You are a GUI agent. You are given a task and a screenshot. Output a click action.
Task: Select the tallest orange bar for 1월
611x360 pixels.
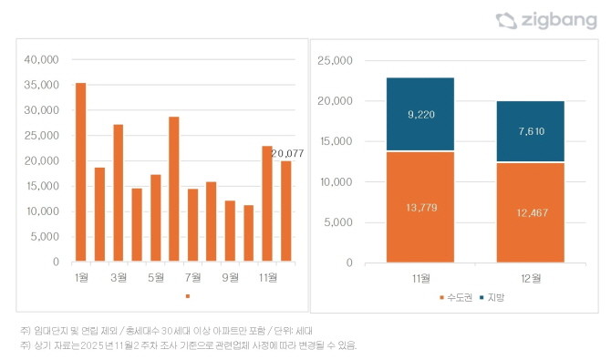80,172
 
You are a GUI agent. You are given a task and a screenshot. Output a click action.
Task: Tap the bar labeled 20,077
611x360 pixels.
285,211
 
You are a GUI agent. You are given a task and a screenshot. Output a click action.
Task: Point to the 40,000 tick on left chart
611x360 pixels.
41,60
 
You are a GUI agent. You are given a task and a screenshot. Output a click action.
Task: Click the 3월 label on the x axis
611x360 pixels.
118,276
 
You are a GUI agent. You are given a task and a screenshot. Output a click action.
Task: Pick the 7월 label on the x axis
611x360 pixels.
192,276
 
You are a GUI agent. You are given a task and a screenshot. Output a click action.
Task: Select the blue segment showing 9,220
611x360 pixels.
419,115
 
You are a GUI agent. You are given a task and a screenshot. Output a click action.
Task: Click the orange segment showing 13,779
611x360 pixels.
419,207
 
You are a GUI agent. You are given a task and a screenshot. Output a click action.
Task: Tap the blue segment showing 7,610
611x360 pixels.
530,131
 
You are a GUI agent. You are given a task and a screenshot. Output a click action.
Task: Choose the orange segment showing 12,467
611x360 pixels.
530,212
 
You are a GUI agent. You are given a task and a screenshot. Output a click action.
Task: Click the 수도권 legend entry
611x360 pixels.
454,298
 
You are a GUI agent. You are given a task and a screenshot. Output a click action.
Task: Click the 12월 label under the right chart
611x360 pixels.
530,277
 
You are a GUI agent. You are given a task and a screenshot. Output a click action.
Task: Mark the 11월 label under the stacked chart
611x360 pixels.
419,277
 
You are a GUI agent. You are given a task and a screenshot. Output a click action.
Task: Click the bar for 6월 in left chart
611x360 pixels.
173,189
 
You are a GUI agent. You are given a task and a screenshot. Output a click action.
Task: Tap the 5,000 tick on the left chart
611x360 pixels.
44,236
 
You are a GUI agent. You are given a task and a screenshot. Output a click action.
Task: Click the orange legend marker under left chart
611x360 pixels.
187,296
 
